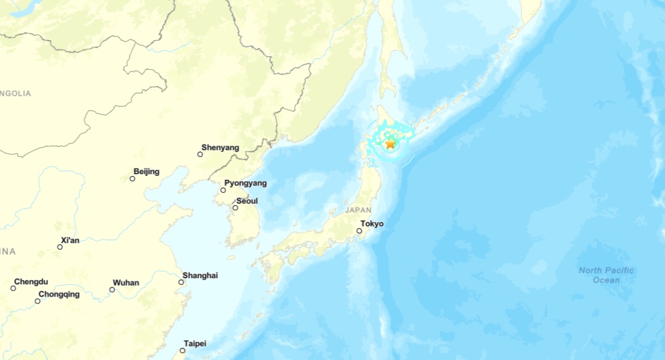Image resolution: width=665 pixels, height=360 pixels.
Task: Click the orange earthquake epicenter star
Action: click(x=390, y=143)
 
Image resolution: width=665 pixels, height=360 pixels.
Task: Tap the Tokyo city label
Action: click(x=372, y=223)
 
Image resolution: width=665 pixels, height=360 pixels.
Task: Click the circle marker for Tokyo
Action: click(x=359, y=231)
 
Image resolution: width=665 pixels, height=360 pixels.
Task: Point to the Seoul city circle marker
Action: click(x=235, y=208)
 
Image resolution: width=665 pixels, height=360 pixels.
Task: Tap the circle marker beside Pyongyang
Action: click(x=223, y=190)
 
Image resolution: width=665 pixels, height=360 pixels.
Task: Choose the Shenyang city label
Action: click(x=220, y=147)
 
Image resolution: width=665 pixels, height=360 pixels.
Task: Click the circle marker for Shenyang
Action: click(x=200, y=154)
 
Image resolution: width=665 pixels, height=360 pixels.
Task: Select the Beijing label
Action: click(x=146, y=171)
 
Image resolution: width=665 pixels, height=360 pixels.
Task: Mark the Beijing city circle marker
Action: click(x=132, y=179)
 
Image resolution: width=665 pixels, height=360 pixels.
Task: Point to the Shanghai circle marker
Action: click(x=182, y=282)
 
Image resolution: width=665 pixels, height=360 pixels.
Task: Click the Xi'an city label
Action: click(x=70, y=240)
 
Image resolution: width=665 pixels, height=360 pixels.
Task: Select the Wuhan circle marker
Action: click(x=112, y=290)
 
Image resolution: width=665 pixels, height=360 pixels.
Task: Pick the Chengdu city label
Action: click(x=31, y=281)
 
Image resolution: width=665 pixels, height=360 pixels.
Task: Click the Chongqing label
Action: click(x=59, y=294)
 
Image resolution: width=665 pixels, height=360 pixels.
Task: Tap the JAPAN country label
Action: click(x=358, y=210)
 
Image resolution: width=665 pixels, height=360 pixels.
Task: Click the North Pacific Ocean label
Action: click(x=606, y=275)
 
